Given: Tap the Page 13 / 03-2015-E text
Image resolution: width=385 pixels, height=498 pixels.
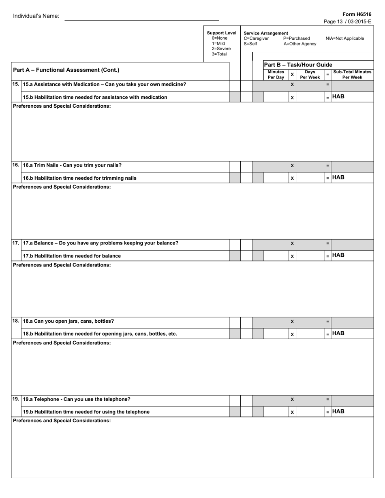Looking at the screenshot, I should click(348, 21).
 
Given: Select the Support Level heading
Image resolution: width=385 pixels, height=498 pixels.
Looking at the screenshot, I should click(221, 33).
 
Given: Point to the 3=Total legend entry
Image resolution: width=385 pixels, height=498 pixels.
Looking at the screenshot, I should click(219, 54).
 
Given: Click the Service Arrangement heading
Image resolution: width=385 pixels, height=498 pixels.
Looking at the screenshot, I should click(266, 33).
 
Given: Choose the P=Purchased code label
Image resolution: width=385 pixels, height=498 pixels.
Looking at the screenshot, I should click(296, 38).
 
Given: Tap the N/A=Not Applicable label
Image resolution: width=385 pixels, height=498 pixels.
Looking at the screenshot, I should click(344, 38).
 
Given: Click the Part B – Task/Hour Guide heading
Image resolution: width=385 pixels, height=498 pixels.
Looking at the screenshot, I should click(298, 65).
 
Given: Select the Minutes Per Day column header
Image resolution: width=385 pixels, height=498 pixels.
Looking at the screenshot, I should click(276, 74).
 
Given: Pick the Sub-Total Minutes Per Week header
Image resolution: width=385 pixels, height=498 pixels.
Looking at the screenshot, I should click(352, 74).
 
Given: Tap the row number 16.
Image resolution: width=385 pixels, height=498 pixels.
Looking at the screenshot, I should click(15, 165).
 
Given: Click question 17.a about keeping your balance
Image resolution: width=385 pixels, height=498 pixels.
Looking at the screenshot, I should click(101, 243).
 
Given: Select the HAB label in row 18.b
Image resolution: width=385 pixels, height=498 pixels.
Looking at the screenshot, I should click(338, 334).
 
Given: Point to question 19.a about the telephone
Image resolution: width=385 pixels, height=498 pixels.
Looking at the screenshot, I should click(77, 399).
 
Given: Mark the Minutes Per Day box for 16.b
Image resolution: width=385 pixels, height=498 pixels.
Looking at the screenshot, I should click(276, 178).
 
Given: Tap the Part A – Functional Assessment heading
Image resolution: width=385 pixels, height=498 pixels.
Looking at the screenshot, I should click(66, 70).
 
